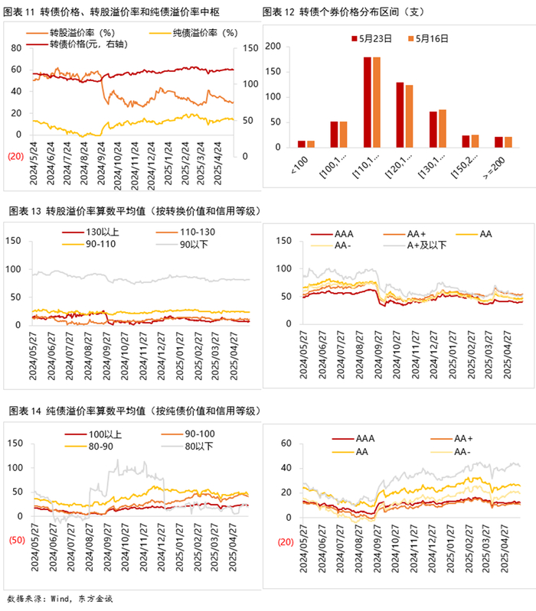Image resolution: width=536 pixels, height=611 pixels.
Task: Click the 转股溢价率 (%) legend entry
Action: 81,34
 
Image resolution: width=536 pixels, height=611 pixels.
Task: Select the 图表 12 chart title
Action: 345,12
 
